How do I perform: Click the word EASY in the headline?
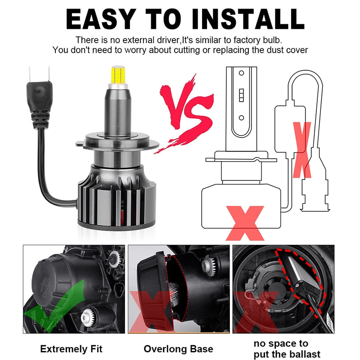pos(100,19)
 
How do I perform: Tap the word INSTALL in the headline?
pos(248,19)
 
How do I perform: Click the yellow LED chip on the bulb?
pos(118,75)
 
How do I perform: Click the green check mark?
pos(54,306)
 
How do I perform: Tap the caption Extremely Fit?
pos(71,349)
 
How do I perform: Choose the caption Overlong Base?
pos(178,349)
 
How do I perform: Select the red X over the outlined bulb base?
pos(245,223)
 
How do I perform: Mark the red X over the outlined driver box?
pos(302,150)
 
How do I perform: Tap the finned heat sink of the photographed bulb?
pos(117,198)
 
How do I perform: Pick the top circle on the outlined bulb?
pos(241,73)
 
